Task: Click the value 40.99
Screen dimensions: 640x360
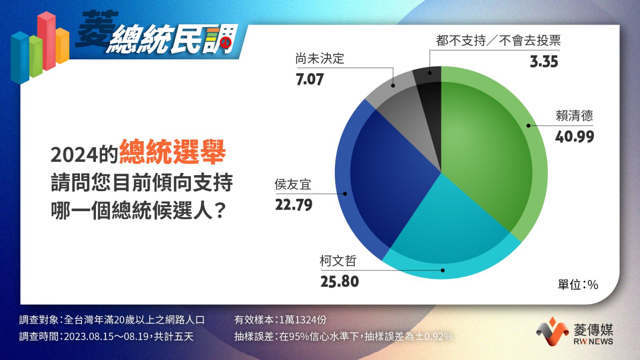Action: tap(574, 136)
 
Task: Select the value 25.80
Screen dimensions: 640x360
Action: tap(340, 282)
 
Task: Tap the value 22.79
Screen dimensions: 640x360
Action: tap(294, 205)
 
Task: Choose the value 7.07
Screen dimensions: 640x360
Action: tap(310, 79)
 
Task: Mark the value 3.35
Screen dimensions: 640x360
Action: tap(544, 62)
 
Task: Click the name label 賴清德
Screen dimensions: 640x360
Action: tap(574, 116)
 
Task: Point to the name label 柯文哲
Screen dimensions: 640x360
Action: tap(338, 261)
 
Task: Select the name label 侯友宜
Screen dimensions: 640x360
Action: tap(293, 184)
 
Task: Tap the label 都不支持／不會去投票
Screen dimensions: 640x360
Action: tap(498, 40)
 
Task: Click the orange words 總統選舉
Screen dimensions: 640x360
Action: tap(172, 152)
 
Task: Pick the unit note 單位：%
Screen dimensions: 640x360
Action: tap(578, 284)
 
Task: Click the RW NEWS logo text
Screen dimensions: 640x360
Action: tap(593, 342)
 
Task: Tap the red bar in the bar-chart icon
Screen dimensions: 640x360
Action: tap(46, 40)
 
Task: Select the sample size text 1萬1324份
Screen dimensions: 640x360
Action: tap(302, 320)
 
